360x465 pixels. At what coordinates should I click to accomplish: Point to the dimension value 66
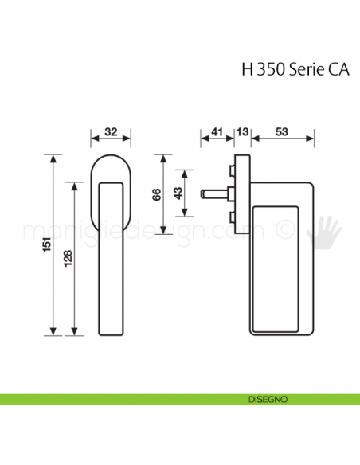158,193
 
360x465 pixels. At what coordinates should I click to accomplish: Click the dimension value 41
215,132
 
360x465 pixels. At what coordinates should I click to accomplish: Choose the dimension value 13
242,132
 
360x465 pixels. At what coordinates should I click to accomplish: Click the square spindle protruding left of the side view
214,192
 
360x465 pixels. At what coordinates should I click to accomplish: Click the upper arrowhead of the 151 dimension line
53,158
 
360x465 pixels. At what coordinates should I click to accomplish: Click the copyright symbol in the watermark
282,229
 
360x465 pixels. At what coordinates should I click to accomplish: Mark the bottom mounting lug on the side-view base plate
232,216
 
